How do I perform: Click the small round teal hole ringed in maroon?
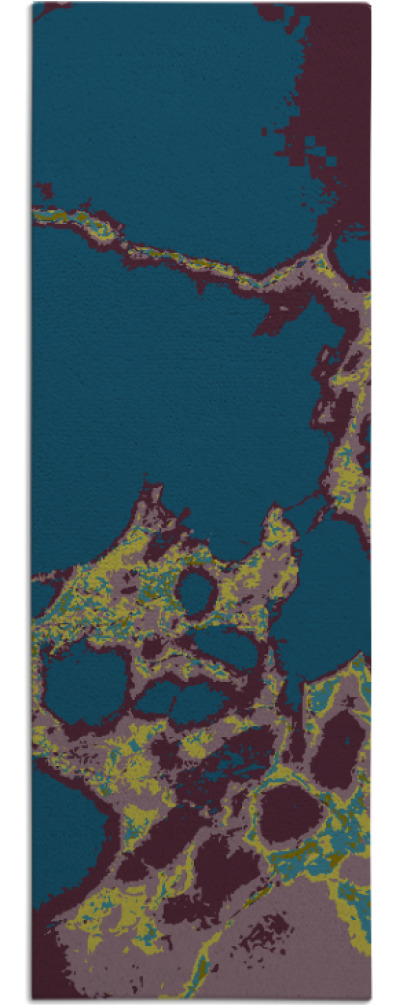click(196, 593)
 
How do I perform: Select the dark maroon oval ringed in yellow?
click(289, 812)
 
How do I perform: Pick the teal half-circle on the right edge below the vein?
click(355, 255)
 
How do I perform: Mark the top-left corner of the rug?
click(33, 4)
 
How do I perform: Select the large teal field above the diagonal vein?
click(160, 110)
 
